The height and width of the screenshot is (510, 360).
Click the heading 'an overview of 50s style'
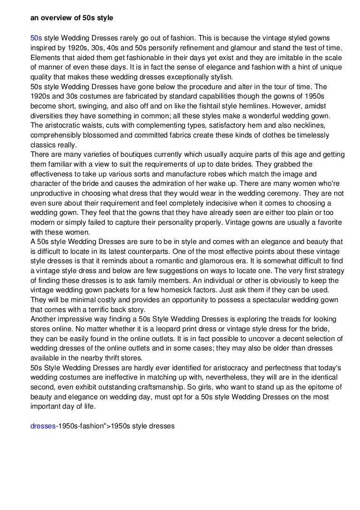(x=72, y=18)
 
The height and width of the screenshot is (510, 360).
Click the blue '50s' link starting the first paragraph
(x=36, y=38)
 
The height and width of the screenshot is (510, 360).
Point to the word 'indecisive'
(x=203, y=203)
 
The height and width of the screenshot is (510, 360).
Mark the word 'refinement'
(x=215, y=47)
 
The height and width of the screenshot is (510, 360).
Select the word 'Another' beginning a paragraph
(x=44, y=319)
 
